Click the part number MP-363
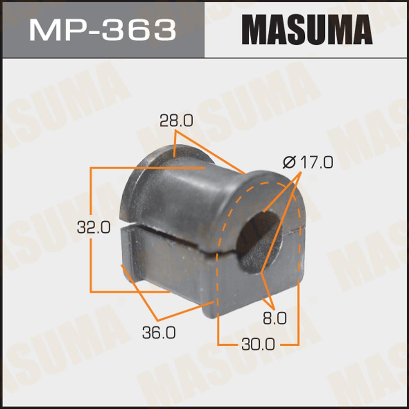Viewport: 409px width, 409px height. pyautogui.click(x=103, y=30)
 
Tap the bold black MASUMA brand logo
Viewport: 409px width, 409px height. pyautogui.click(x=307, y=29)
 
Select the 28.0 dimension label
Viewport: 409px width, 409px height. pyautogui.click(x=176, y=121)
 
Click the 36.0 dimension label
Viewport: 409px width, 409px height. pyautogui.click(x=159, y=333)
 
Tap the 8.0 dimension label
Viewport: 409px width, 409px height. pyautogui.click(x=275, y=319)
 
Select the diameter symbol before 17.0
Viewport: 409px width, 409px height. pyautogui.click(x=289, y=162)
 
